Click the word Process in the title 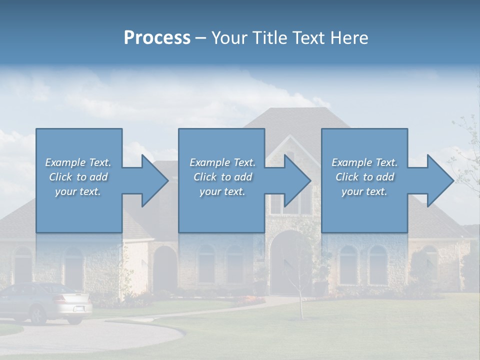pos(157,38)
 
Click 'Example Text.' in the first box pos(78,162)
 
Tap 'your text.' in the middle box pos(222,192)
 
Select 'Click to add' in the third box pos(364,177)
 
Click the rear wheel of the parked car pos(38,315)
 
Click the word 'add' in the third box pos(385,177)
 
